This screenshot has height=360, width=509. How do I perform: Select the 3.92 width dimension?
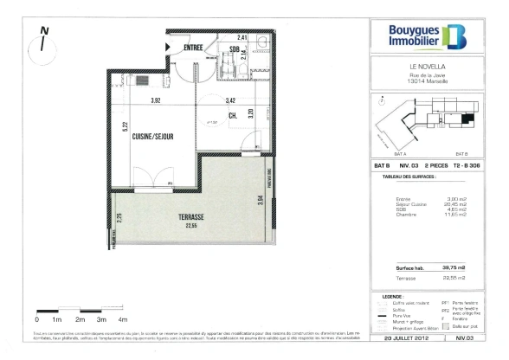[x=157, y=101]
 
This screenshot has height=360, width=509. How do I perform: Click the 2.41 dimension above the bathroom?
[x=243, y=38]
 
